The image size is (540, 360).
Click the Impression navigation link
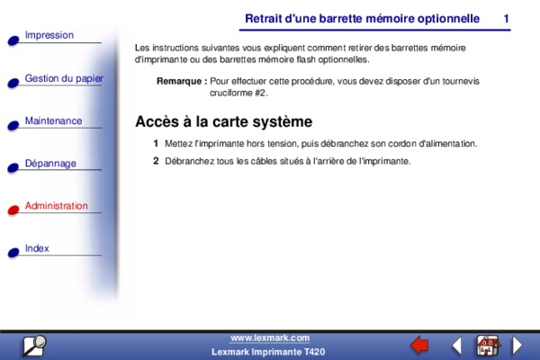click(x=49, y=35)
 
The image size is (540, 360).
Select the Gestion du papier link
click(x=64, y=78)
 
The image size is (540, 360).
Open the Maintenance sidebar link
click(x=53, y=121)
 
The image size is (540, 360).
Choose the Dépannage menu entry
click(x=50, y=163)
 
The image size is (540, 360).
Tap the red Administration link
click(x=57, y=206)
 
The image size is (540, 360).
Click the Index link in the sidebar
click(x=37, y=248)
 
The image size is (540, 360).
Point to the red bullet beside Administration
click(x=13, y=210)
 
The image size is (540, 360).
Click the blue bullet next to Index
click(x=13, y=253)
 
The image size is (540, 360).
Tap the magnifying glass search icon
click(x=34, y=346)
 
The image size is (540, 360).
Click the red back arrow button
click(x=419, y=346)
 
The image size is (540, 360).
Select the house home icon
click(x=488, y=346)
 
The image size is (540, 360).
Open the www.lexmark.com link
click(x=270, y=338)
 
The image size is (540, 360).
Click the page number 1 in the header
click(x=506, y=19)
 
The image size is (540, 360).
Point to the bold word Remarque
click(x=179, y=81)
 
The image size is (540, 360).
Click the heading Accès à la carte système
click(x=224, y=121)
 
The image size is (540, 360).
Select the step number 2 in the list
click(x=156, y=161)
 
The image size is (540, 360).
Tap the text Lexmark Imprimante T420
click(x=268, y=352)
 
